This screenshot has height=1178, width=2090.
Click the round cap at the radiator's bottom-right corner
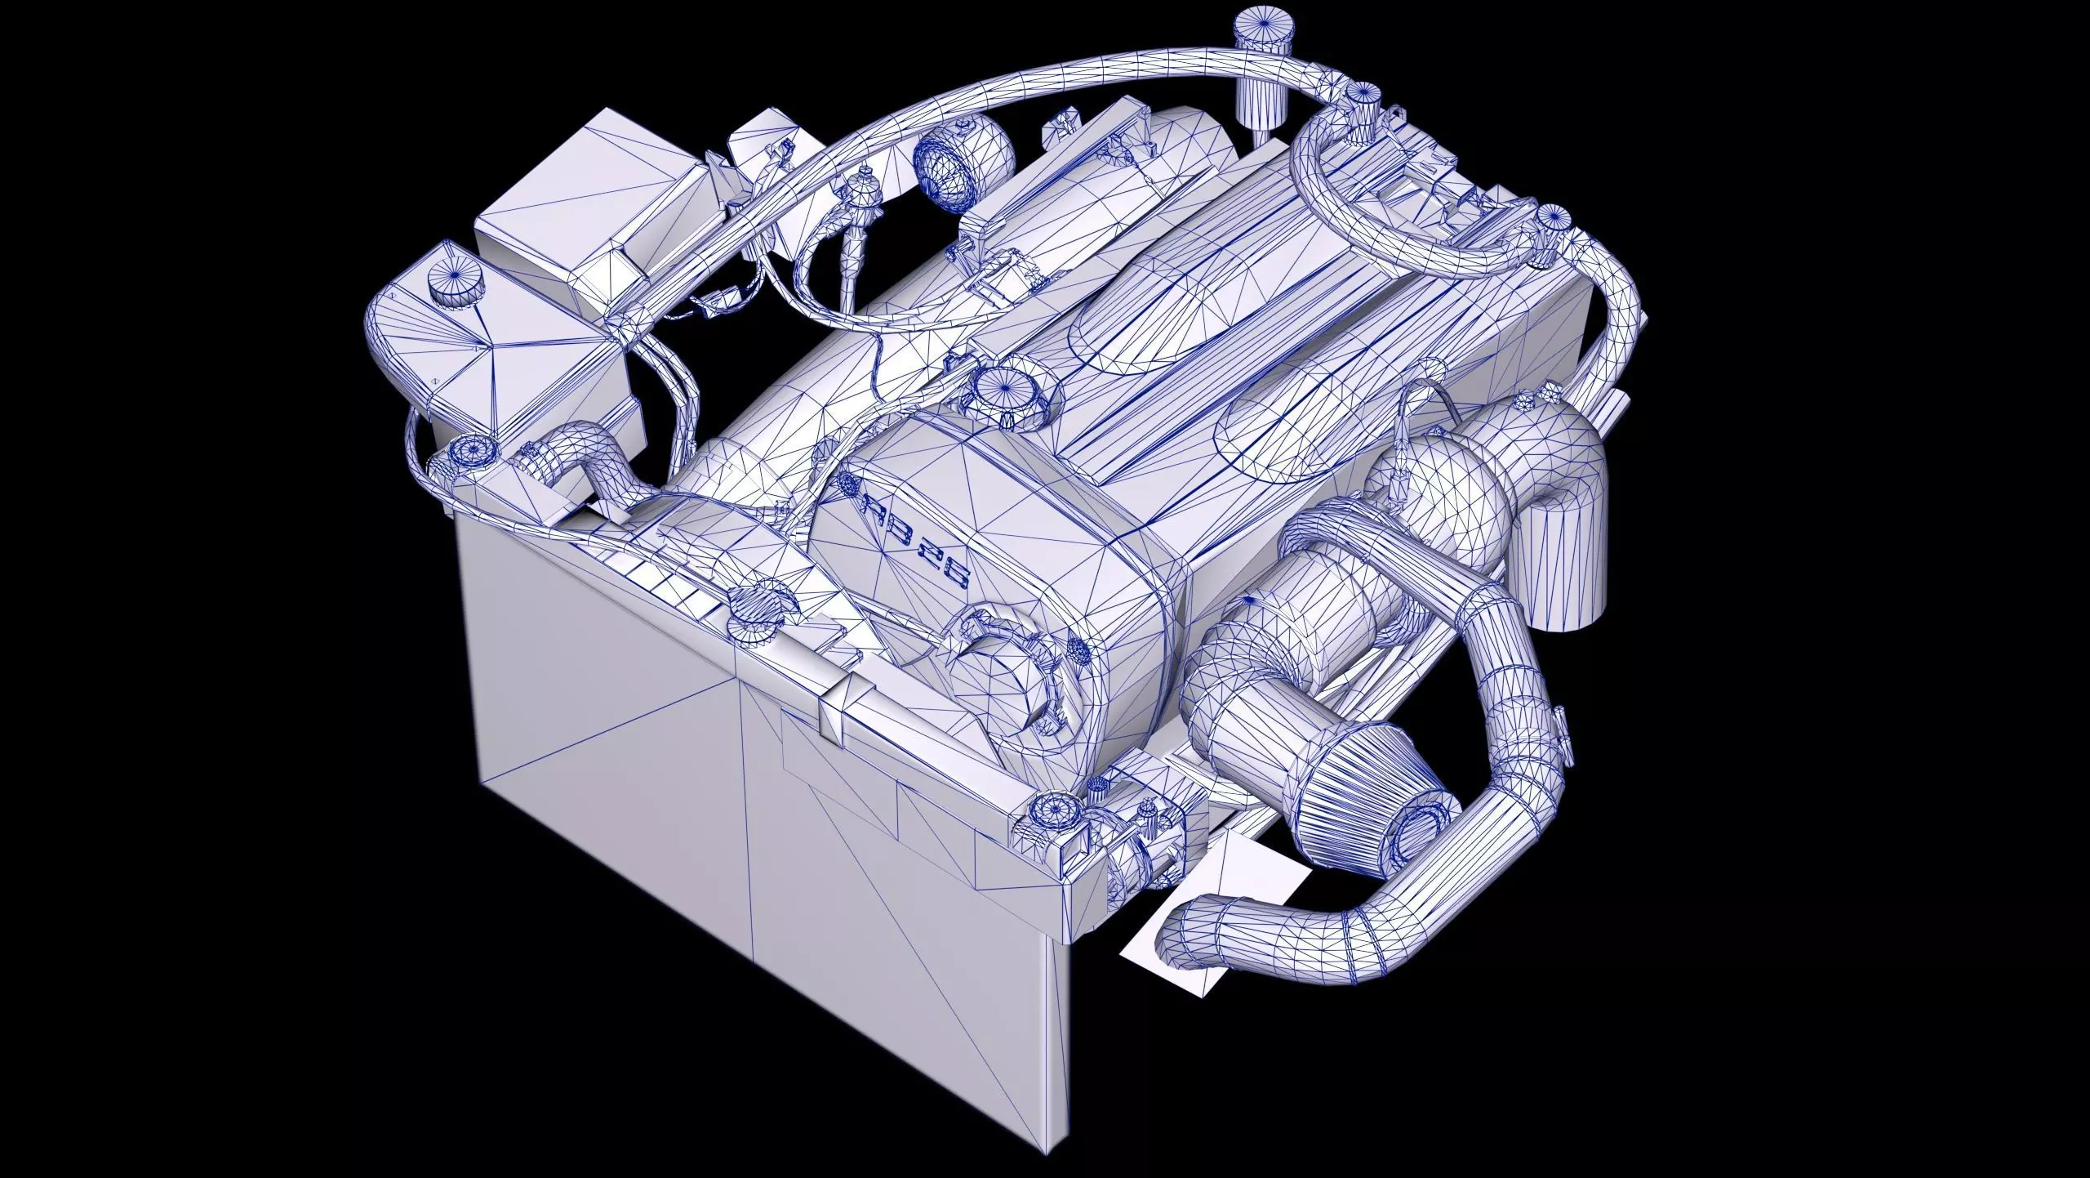[x=1053, y=833]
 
